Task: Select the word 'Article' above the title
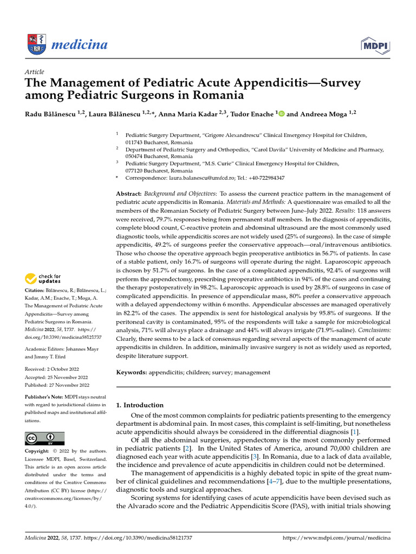point(34,71)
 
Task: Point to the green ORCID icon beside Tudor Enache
point(282,114)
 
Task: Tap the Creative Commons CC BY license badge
point(44,438)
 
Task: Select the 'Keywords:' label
point(133,373)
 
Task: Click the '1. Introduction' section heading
point(140,405)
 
